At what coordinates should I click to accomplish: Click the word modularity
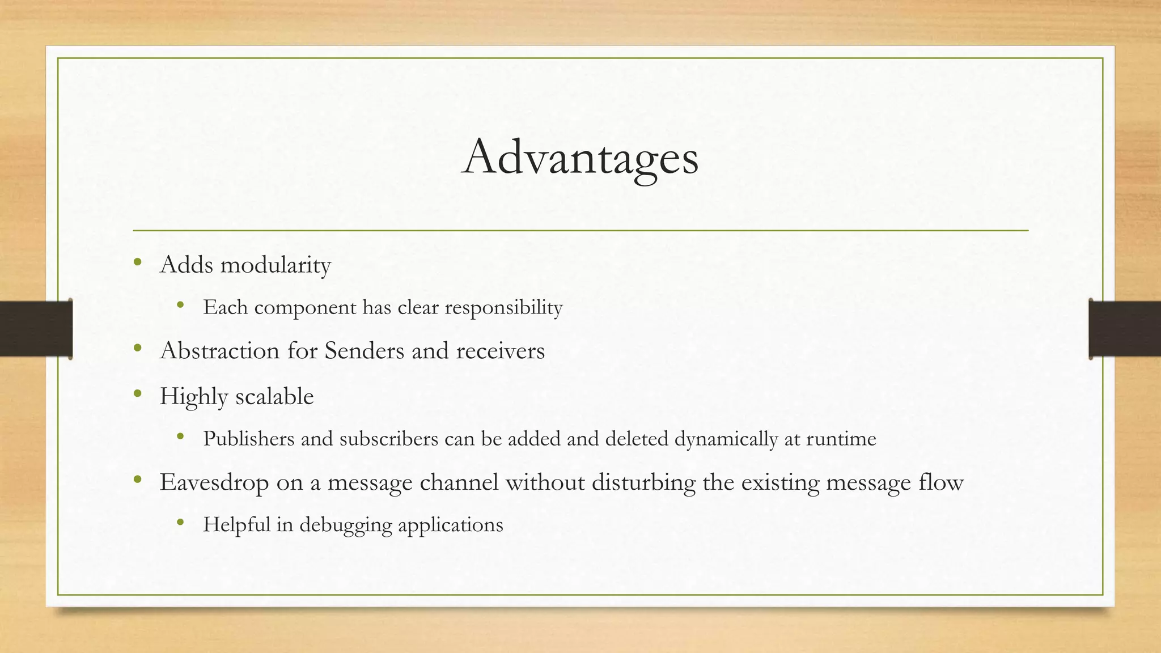point(276,265)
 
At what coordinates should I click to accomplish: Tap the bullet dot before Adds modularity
point(137,262)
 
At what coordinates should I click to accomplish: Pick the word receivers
point(500,351)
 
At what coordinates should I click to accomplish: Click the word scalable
point(274,396)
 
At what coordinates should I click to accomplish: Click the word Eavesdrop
point(214,482)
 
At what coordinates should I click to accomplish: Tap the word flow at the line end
point(944,482)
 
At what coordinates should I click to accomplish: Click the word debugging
point(346,525)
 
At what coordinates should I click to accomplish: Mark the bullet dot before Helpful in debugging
point(180,522)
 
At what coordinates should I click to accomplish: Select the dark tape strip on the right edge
point(1125,329)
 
